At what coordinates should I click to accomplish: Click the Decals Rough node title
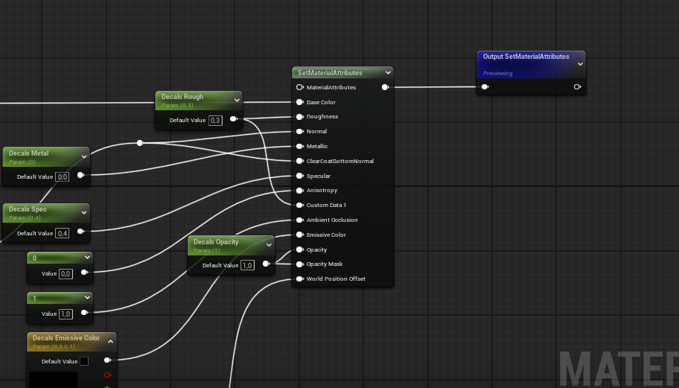click(182, 97)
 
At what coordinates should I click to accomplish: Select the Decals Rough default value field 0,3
click(215, 120)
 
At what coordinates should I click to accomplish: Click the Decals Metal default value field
click(63, 176)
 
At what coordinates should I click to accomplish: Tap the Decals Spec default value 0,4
click(63, 233)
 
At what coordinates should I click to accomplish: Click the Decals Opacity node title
click(216, 242)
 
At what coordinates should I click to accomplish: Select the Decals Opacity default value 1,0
click(247, 265)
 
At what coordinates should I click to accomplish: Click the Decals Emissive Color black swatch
click(84, 361)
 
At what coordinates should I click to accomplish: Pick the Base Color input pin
click(299, 102)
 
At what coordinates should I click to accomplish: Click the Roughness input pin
click(299, 117)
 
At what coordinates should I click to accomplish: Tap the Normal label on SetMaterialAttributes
click(316, 132)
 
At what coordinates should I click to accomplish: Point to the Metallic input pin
click(299, 146)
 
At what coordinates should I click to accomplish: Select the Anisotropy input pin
click(299, 191)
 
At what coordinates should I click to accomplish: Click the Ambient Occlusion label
click(331, 220)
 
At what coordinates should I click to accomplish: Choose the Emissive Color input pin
click(299, 235)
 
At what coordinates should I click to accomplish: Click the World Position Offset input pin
click(299, 279)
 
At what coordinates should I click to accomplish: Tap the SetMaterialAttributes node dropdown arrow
click(388, 73)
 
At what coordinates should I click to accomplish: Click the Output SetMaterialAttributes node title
click(526, 57)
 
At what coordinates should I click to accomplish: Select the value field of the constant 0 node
click(66, 273)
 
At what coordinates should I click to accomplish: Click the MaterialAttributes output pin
click(385, 87)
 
